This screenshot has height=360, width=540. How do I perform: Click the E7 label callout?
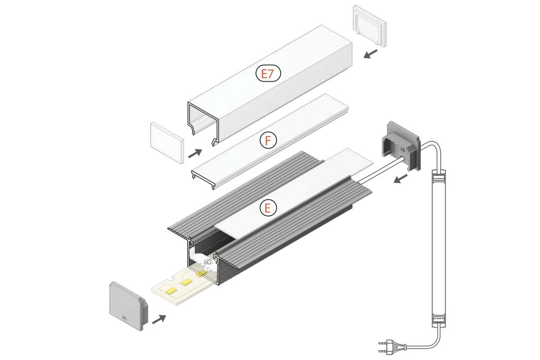click(268, 74)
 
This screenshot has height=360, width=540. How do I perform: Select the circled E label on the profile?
click(268, 207)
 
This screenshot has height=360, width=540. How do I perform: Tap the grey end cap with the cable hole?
click(400, 145)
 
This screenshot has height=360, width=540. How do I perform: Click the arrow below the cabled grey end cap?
click(400, 179)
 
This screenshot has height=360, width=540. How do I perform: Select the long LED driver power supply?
click(439, 248)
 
